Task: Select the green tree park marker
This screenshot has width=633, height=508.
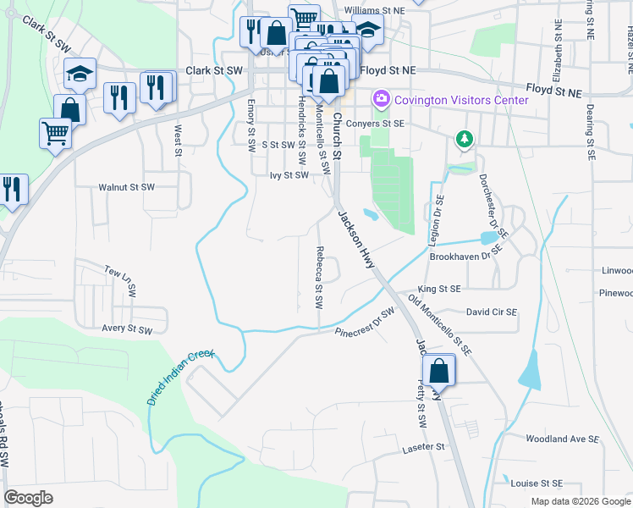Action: [x=464, y=138]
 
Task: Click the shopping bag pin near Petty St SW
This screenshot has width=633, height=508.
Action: [x=439, y=371]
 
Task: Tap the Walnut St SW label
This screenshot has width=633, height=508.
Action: [x=127, y=186]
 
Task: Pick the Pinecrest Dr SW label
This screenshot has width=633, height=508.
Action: [x=365, y=324]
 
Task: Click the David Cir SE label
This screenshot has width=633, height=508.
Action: [x=491, y=312]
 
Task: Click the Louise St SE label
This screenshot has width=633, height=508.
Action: [x=537, y=483]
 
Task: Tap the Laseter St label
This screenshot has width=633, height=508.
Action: [x=424, y=446]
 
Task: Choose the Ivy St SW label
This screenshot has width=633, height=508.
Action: [x=289, y=175]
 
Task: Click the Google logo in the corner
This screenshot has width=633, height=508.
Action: [x=29, y=498]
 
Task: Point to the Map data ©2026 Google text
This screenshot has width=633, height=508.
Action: [x=581, y=501]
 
